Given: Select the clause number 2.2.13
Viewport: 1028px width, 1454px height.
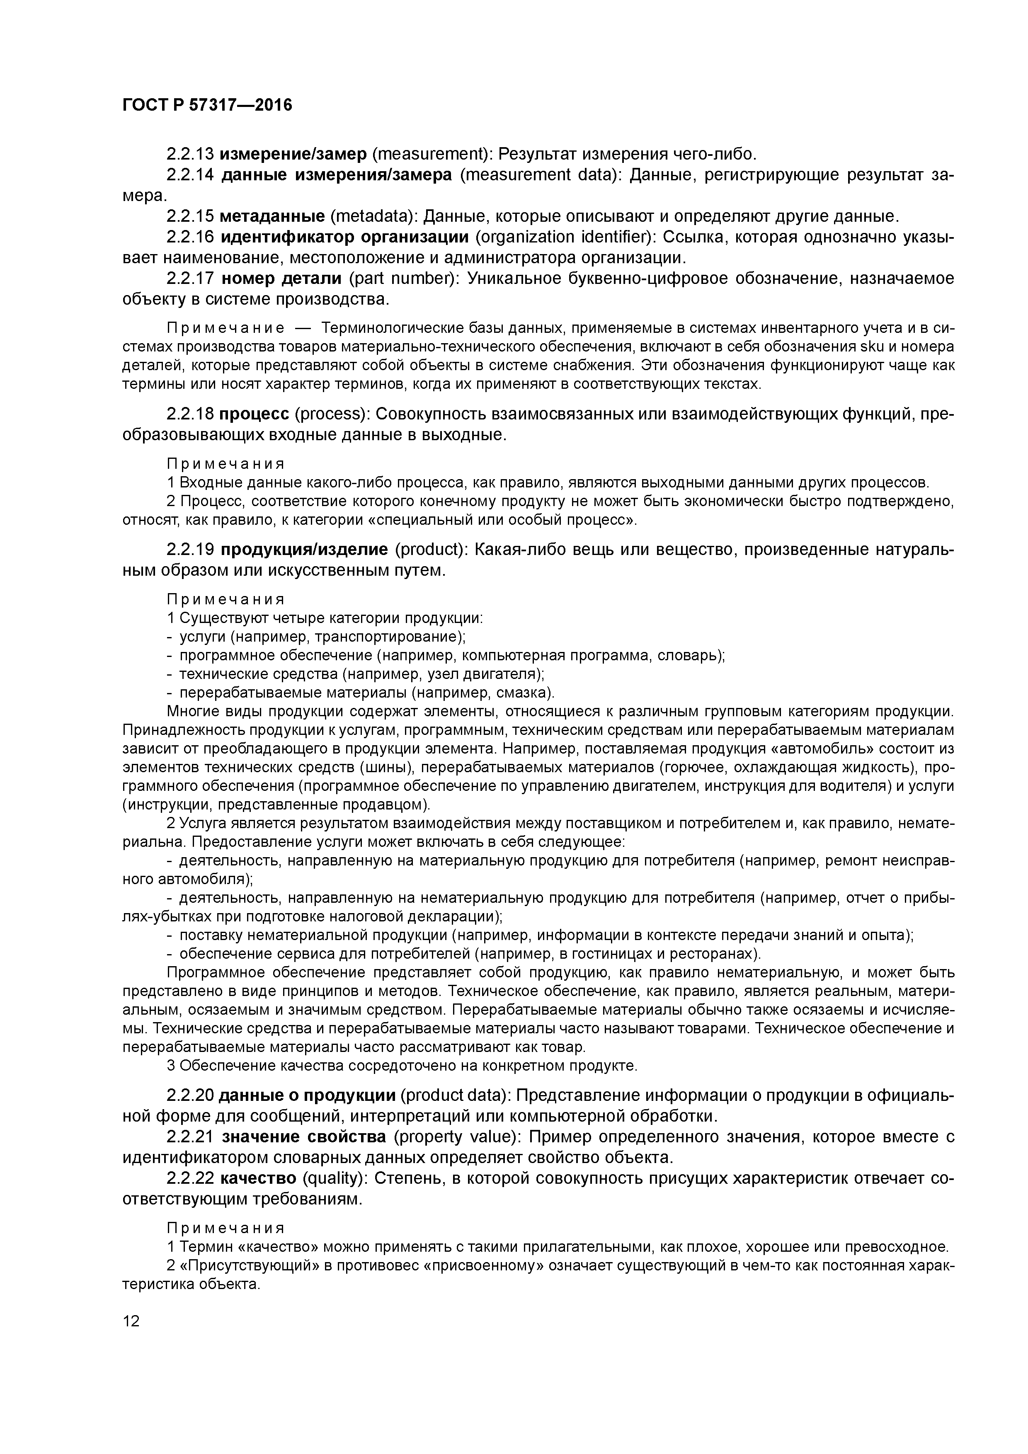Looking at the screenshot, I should [x=190, y=154].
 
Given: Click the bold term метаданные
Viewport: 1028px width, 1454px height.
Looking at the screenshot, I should [x=272, y=217].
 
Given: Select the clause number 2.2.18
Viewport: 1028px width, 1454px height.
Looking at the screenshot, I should [x=190, y=414].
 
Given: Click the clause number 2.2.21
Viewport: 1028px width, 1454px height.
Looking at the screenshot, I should [x=190, y=1137].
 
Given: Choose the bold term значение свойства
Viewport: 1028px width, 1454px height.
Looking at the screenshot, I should [x=303, y=1137].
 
